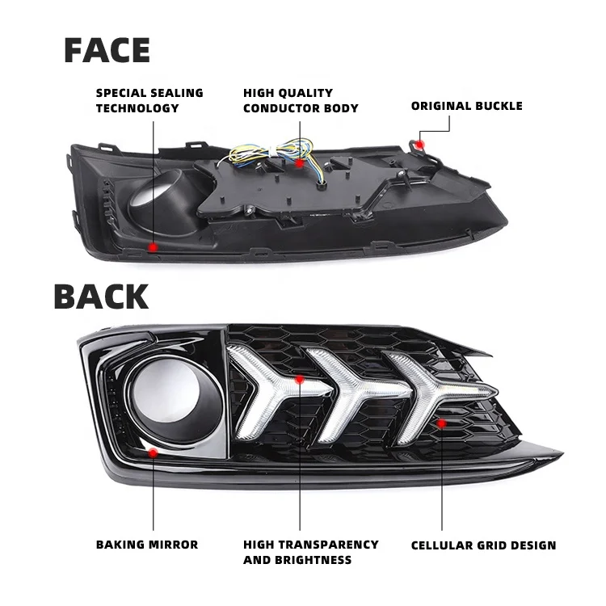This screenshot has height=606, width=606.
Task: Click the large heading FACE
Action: [107, 50]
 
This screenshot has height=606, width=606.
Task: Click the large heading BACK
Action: [101, 297]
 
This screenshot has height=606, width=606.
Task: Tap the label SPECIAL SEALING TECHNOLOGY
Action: [149, 100]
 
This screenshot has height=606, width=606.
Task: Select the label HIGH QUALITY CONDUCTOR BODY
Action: [301, 100]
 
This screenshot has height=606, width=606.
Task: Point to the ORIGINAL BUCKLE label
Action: [466, 106]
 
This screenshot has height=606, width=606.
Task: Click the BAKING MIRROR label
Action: [147, 545]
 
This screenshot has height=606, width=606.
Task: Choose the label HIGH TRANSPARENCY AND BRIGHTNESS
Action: [311, 552]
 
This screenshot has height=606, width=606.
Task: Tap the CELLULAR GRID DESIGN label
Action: [483, 545]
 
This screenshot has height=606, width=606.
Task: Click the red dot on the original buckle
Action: [419, 145]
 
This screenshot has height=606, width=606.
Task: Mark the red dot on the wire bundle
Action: [299, 163]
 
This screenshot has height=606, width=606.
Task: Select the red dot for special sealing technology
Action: [154, 247]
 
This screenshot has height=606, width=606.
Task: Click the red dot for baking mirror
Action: [153, 452]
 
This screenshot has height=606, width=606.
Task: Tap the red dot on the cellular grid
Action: [441, 423]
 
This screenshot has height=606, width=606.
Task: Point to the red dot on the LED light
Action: [299, 380]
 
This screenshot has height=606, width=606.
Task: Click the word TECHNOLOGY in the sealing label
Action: [137, 108]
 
